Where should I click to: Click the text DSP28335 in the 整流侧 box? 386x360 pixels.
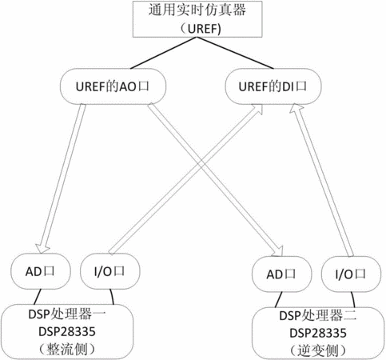pos(67,331)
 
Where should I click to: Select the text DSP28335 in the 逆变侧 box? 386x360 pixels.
pos(318,333)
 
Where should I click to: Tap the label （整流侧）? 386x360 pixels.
pos(67,349)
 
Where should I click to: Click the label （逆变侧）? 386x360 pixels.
pos(318,350)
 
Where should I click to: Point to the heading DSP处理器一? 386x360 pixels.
pos(67,314)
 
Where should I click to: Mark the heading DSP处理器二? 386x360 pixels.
pos(318,316)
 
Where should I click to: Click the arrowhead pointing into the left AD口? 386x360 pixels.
pos(42,248)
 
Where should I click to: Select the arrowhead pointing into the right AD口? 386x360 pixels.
pos(277,251)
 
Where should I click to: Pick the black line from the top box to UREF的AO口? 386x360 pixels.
pos(164,53)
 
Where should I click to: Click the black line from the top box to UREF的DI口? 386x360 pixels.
pos(236,53)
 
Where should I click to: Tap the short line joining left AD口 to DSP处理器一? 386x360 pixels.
pos(38,297)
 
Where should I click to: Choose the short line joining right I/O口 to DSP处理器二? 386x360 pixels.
pos(353,300)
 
